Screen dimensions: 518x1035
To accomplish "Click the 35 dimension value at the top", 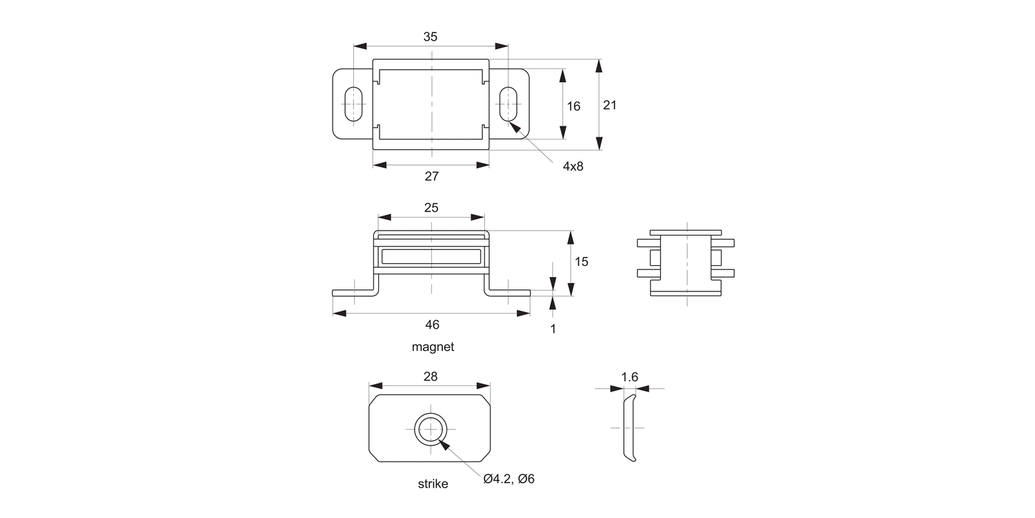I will [x=431, y=37].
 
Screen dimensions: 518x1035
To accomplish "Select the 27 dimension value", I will [x=432, y=176].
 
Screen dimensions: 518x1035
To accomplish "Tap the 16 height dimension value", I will [x=573, y=106].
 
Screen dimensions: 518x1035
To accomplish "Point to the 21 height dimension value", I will [x=609, y=105].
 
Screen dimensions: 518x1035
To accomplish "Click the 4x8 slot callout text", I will [x=573, y=166].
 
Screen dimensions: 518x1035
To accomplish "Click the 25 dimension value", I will [x=431, y=207].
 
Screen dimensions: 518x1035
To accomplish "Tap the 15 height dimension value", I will [x=581, y=262].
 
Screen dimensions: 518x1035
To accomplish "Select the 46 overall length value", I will [x=432, y=324].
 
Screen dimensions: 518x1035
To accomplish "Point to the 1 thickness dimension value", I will [x=553, y=329].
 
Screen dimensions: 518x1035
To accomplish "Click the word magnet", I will [x=433, y=347].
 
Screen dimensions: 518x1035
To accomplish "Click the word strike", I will [x=433, y=483].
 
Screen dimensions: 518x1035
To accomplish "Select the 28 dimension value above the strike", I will [x=430, y=376].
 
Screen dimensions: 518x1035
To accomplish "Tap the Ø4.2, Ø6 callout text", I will [x=509, y=479].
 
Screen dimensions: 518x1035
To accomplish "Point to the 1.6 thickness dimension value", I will [x=629, y=377].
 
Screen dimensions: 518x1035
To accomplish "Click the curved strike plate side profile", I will [x=629, y=428].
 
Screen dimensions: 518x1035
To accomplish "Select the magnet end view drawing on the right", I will [x=686, y=262].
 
